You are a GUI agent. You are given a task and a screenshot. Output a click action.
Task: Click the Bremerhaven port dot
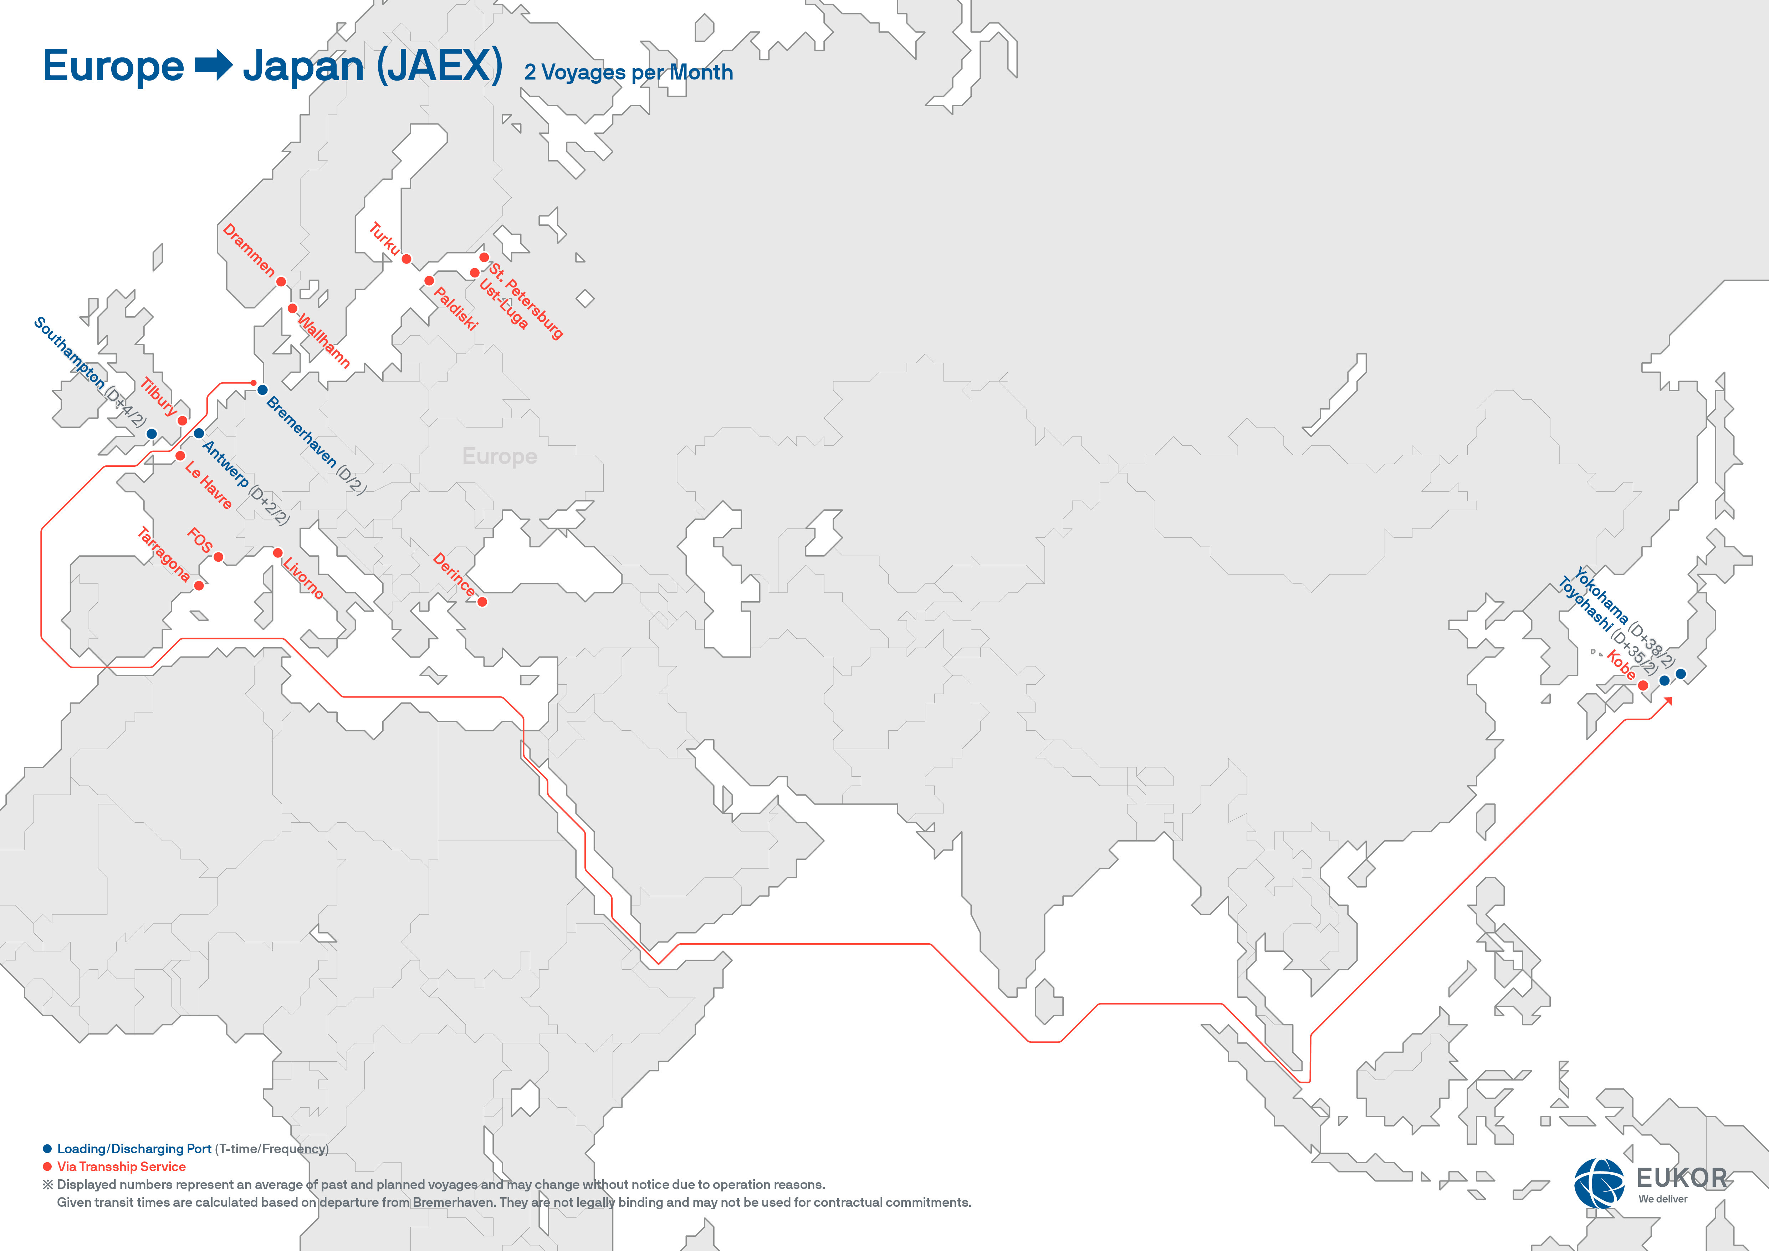coord(263,390)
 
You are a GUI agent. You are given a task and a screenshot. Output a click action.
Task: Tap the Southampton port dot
coord(152,434)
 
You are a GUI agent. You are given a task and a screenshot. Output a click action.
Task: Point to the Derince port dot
coord(482,602)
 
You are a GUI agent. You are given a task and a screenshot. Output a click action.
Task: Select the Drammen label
coord(248,250)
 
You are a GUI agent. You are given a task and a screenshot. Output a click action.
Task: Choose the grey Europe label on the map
coord(499,457)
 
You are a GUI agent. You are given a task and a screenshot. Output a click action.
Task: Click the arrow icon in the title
coord(214,66)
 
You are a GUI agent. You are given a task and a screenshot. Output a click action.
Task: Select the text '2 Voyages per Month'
coord(628,72)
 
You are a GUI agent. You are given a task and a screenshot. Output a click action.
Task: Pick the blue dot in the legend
coord(47,1149)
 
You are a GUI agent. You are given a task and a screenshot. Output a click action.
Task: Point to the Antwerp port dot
coord(199,433)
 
